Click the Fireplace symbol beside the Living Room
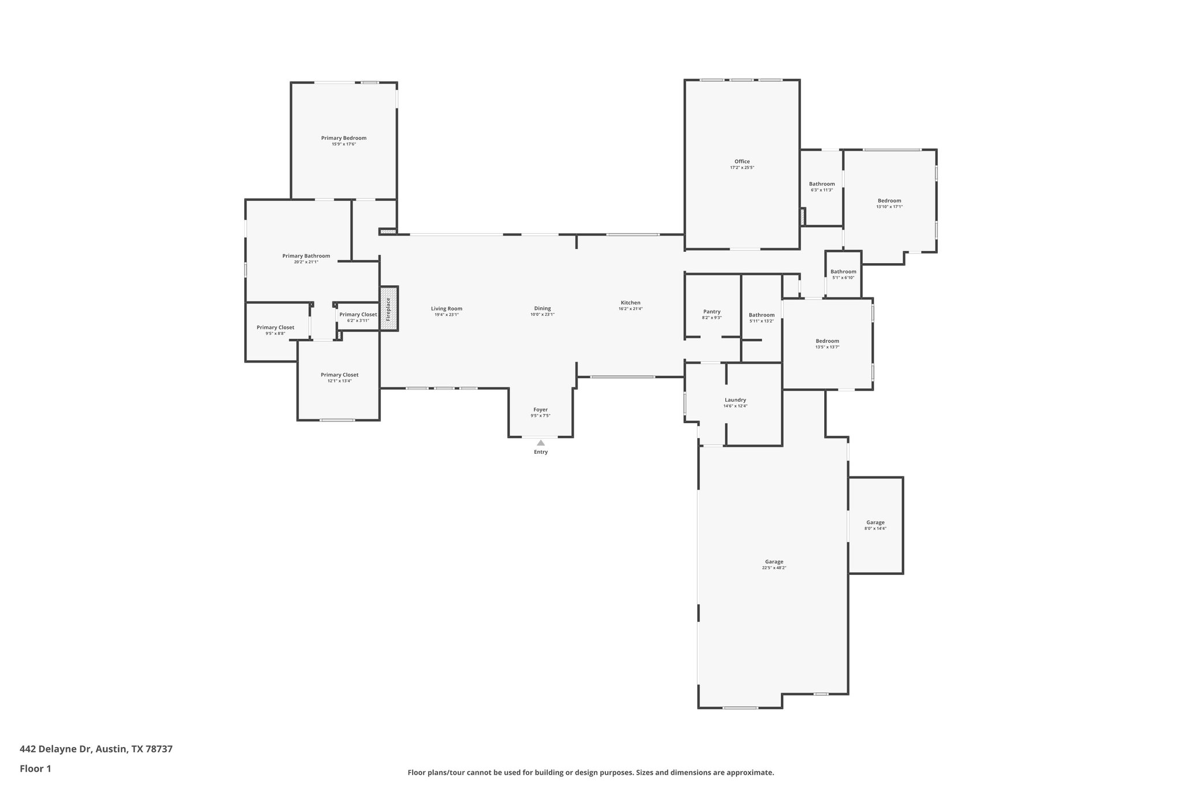point(388,309)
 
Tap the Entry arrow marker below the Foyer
point(541,443)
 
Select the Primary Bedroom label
point(343,138)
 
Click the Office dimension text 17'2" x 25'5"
point(742,167)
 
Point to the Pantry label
point(712,312)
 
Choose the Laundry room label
point(735,400)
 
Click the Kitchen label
point(630,302)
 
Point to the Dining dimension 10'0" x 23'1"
point(543,315)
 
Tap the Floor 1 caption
point(35,768)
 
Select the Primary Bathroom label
point(306,256)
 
